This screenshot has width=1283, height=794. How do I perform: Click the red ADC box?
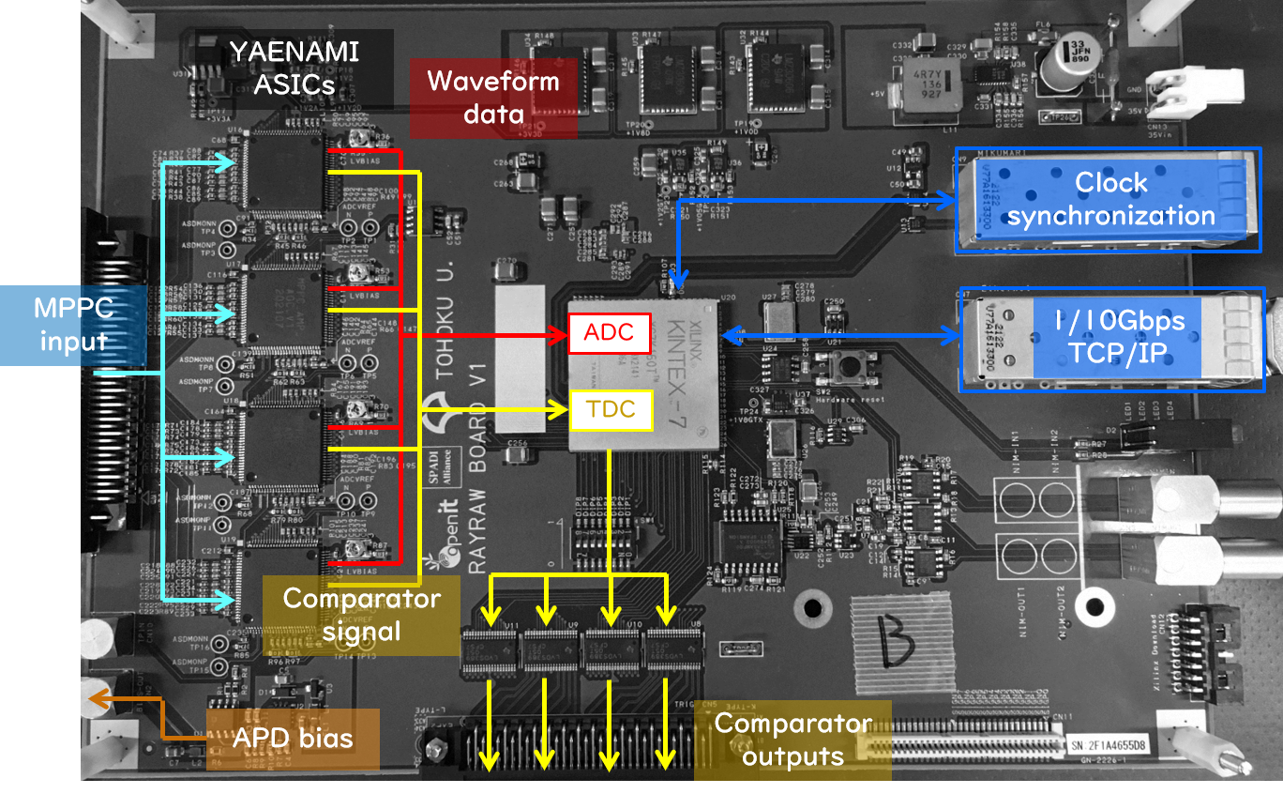(610, 332)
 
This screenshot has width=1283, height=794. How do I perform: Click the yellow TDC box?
(610, 409)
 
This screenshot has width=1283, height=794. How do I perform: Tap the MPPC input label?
(73, 325)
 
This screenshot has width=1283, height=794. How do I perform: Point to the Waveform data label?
(493, 97)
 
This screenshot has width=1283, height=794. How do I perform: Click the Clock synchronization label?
(1110, 199)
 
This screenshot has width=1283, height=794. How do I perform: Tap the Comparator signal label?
(362, 615)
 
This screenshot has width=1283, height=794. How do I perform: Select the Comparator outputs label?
(792, 740)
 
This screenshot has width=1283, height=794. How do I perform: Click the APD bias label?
(293, 739)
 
